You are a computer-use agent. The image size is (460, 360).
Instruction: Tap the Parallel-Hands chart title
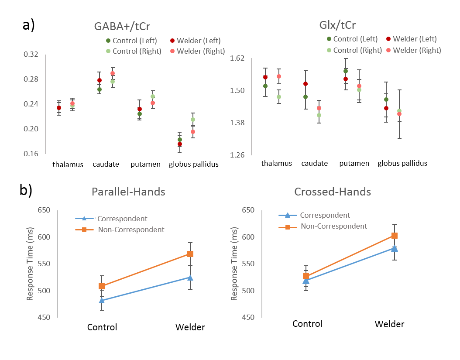click(x=128, y=192)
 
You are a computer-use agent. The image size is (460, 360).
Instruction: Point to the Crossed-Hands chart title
click(x=333, y=192)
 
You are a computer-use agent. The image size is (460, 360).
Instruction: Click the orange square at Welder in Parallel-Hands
click(x=190, y=254)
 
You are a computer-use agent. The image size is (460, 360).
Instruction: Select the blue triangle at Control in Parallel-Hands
click(x=102, y=300)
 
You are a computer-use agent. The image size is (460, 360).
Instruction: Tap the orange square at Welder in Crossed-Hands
click(x=395, y=236)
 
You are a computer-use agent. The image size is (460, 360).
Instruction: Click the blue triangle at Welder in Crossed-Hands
click(x=395, y=248)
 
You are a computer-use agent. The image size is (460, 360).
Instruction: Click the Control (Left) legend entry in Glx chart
click(x=352, y=39)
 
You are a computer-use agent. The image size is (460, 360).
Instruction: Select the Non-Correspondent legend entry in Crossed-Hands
click(x=334, y=226)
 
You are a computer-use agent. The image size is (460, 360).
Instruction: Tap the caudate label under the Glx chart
click(x=315, y=164)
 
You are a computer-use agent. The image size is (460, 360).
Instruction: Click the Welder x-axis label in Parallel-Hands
click(x=190, y=327)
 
